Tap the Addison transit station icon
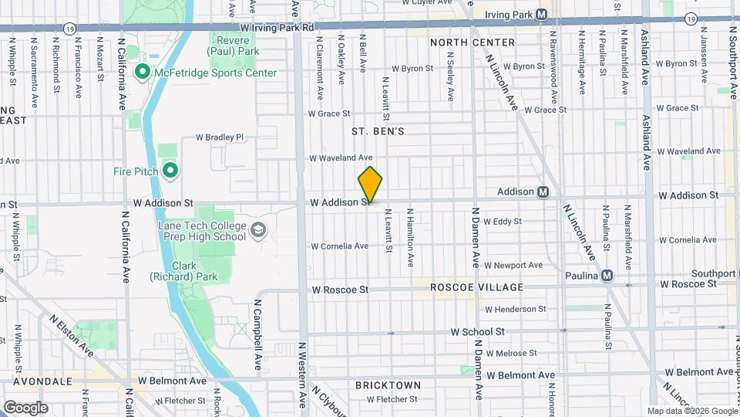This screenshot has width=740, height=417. pos(543,192)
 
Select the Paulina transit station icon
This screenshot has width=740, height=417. pos(607,276)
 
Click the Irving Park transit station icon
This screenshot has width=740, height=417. pos(542,15)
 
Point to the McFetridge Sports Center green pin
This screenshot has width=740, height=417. pos(142,73)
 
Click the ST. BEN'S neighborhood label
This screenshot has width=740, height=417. pos(378,132)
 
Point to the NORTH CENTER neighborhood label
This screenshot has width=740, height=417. pos(472,42)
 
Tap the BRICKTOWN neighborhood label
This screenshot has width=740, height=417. pos(388,385)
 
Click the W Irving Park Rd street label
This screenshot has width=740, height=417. pos(277,27)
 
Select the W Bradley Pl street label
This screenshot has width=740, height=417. pos(220,137)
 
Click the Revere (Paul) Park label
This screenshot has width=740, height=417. pos(234,45)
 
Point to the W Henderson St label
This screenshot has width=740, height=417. pos(515,309)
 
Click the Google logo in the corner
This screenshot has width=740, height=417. pos(25,408)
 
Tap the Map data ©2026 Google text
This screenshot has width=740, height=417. pos(691,411)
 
